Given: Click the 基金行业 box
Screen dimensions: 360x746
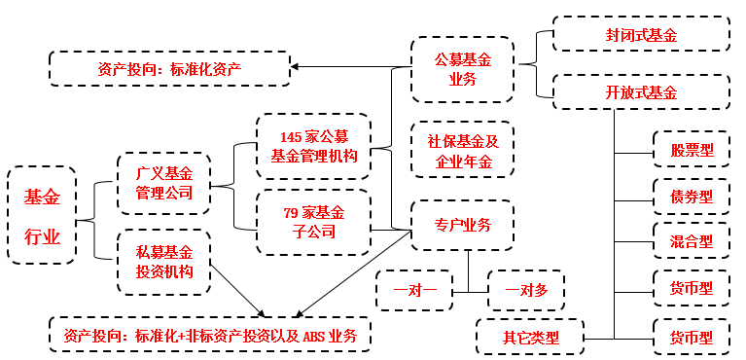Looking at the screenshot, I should [42, 215].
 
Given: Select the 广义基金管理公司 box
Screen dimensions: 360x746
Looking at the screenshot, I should [163, 183].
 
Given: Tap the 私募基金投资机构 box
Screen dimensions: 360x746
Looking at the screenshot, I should [163, 260].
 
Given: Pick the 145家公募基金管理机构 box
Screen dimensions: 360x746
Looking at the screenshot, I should [313, 146].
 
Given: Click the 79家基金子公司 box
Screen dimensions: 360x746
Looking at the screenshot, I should [313, 222].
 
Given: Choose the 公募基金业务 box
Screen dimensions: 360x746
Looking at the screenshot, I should [462, 70].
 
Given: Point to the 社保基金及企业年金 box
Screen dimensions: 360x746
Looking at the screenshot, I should [462, 150].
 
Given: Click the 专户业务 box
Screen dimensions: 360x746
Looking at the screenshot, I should [462, 226].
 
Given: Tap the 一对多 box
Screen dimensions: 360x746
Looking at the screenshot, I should [525, 290].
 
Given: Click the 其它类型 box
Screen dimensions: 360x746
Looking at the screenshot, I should [530, 338].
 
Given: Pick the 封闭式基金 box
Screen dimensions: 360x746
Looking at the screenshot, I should [641, 35].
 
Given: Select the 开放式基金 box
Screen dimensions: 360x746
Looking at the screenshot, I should [641, 92].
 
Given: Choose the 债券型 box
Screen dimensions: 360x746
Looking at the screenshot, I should [692, 197].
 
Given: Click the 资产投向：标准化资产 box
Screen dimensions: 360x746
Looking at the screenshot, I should [169, 68].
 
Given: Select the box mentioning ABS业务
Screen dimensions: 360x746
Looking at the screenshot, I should [210, 337].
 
